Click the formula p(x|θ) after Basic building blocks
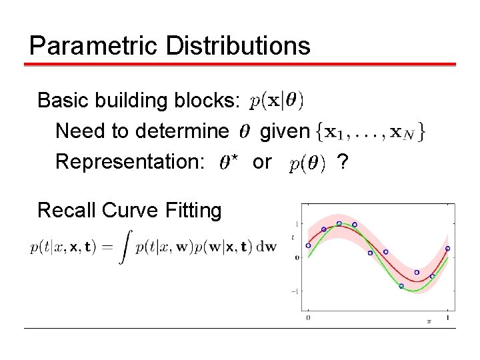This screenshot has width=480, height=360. [x=277, y=101]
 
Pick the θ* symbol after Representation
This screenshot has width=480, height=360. [x=229, y=163]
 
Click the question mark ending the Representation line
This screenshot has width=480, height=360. [x=343, y=161]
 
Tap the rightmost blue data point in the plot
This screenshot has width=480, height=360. [x=447, y=248]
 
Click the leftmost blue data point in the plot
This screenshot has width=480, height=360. [x=308, y=245]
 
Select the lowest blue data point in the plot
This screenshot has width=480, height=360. [x=401, y=286]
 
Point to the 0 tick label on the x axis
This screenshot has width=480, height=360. [x=307, y=319]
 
